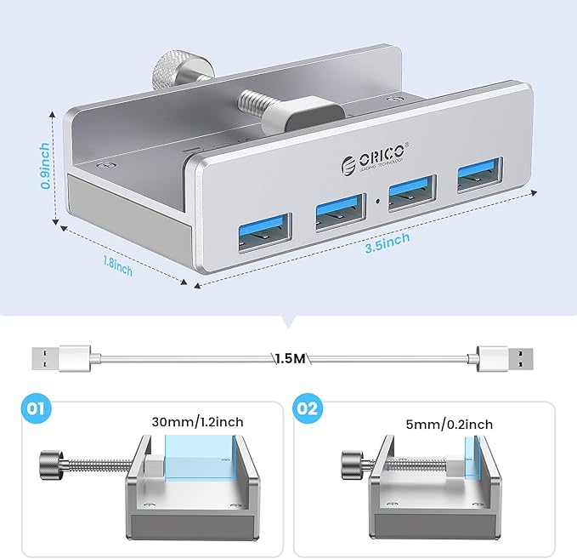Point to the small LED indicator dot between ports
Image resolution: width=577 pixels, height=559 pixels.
[x=376, y=204]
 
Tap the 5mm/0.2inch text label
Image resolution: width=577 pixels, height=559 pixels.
[x=450, y=424]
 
